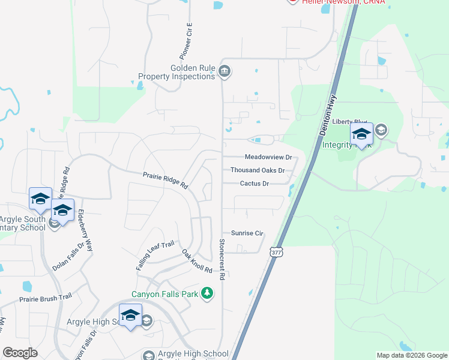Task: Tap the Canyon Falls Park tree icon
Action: tap(207, 293)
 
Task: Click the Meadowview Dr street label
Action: tap(268, 158)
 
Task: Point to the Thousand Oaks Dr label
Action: tap(257, 170)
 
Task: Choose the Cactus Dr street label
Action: tap(254, 184)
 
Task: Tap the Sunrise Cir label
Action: tap(247, 233)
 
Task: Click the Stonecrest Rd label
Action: tap(221, 259)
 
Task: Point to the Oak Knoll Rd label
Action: tap(197, 262)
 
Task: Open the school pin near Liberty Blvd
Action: tap(361, 135)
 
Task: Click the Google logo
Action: tap(20, 353)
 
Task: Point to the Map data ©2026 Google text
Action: tap(411, 355)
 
